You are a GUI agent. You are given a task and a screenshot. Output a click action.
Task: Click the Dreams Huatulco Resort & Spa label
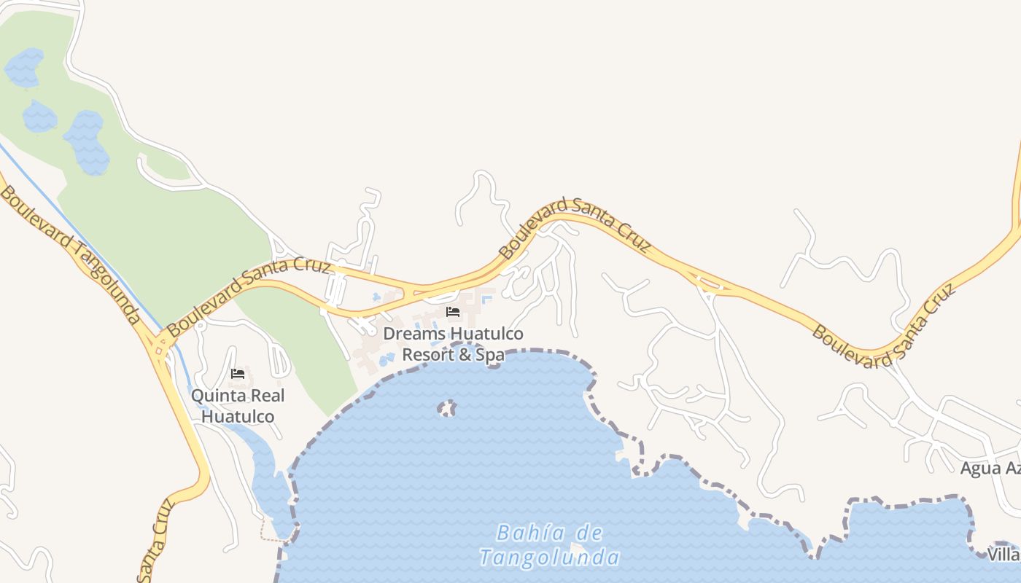tap(453, 344)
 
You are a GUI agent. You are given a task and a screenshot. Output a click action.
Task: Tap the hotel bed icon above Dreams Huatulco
tap(453, 312)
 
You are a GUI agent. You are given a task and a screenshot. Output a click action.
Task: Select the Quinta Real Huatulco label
tap(238, 406)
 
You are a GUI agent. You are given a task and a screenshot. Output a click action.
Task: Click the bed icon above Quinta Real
tap(238, 374)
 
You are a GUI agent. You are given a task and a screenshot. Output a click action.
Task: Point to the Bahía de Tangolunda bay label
tap(550, 545)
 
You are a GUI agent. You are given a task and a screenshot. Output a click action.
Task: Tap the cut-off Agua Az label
tap(990, 468)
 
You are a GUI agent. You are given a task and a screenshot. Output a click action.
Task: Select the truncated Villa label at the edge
tap(1003, 555)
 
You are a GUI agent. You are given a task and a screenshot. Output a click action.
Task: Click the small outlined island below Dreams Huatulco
tap(447, 408)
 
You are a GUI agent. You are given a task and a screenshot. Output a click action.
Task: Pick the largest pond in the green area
tap(87, 142)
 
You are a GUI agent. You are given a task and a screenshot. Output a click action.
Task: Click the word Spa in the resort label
tap(490, 355)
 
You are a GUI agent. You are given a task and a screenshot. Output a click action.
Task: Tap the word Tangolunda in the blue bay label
tap(550, 558)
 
